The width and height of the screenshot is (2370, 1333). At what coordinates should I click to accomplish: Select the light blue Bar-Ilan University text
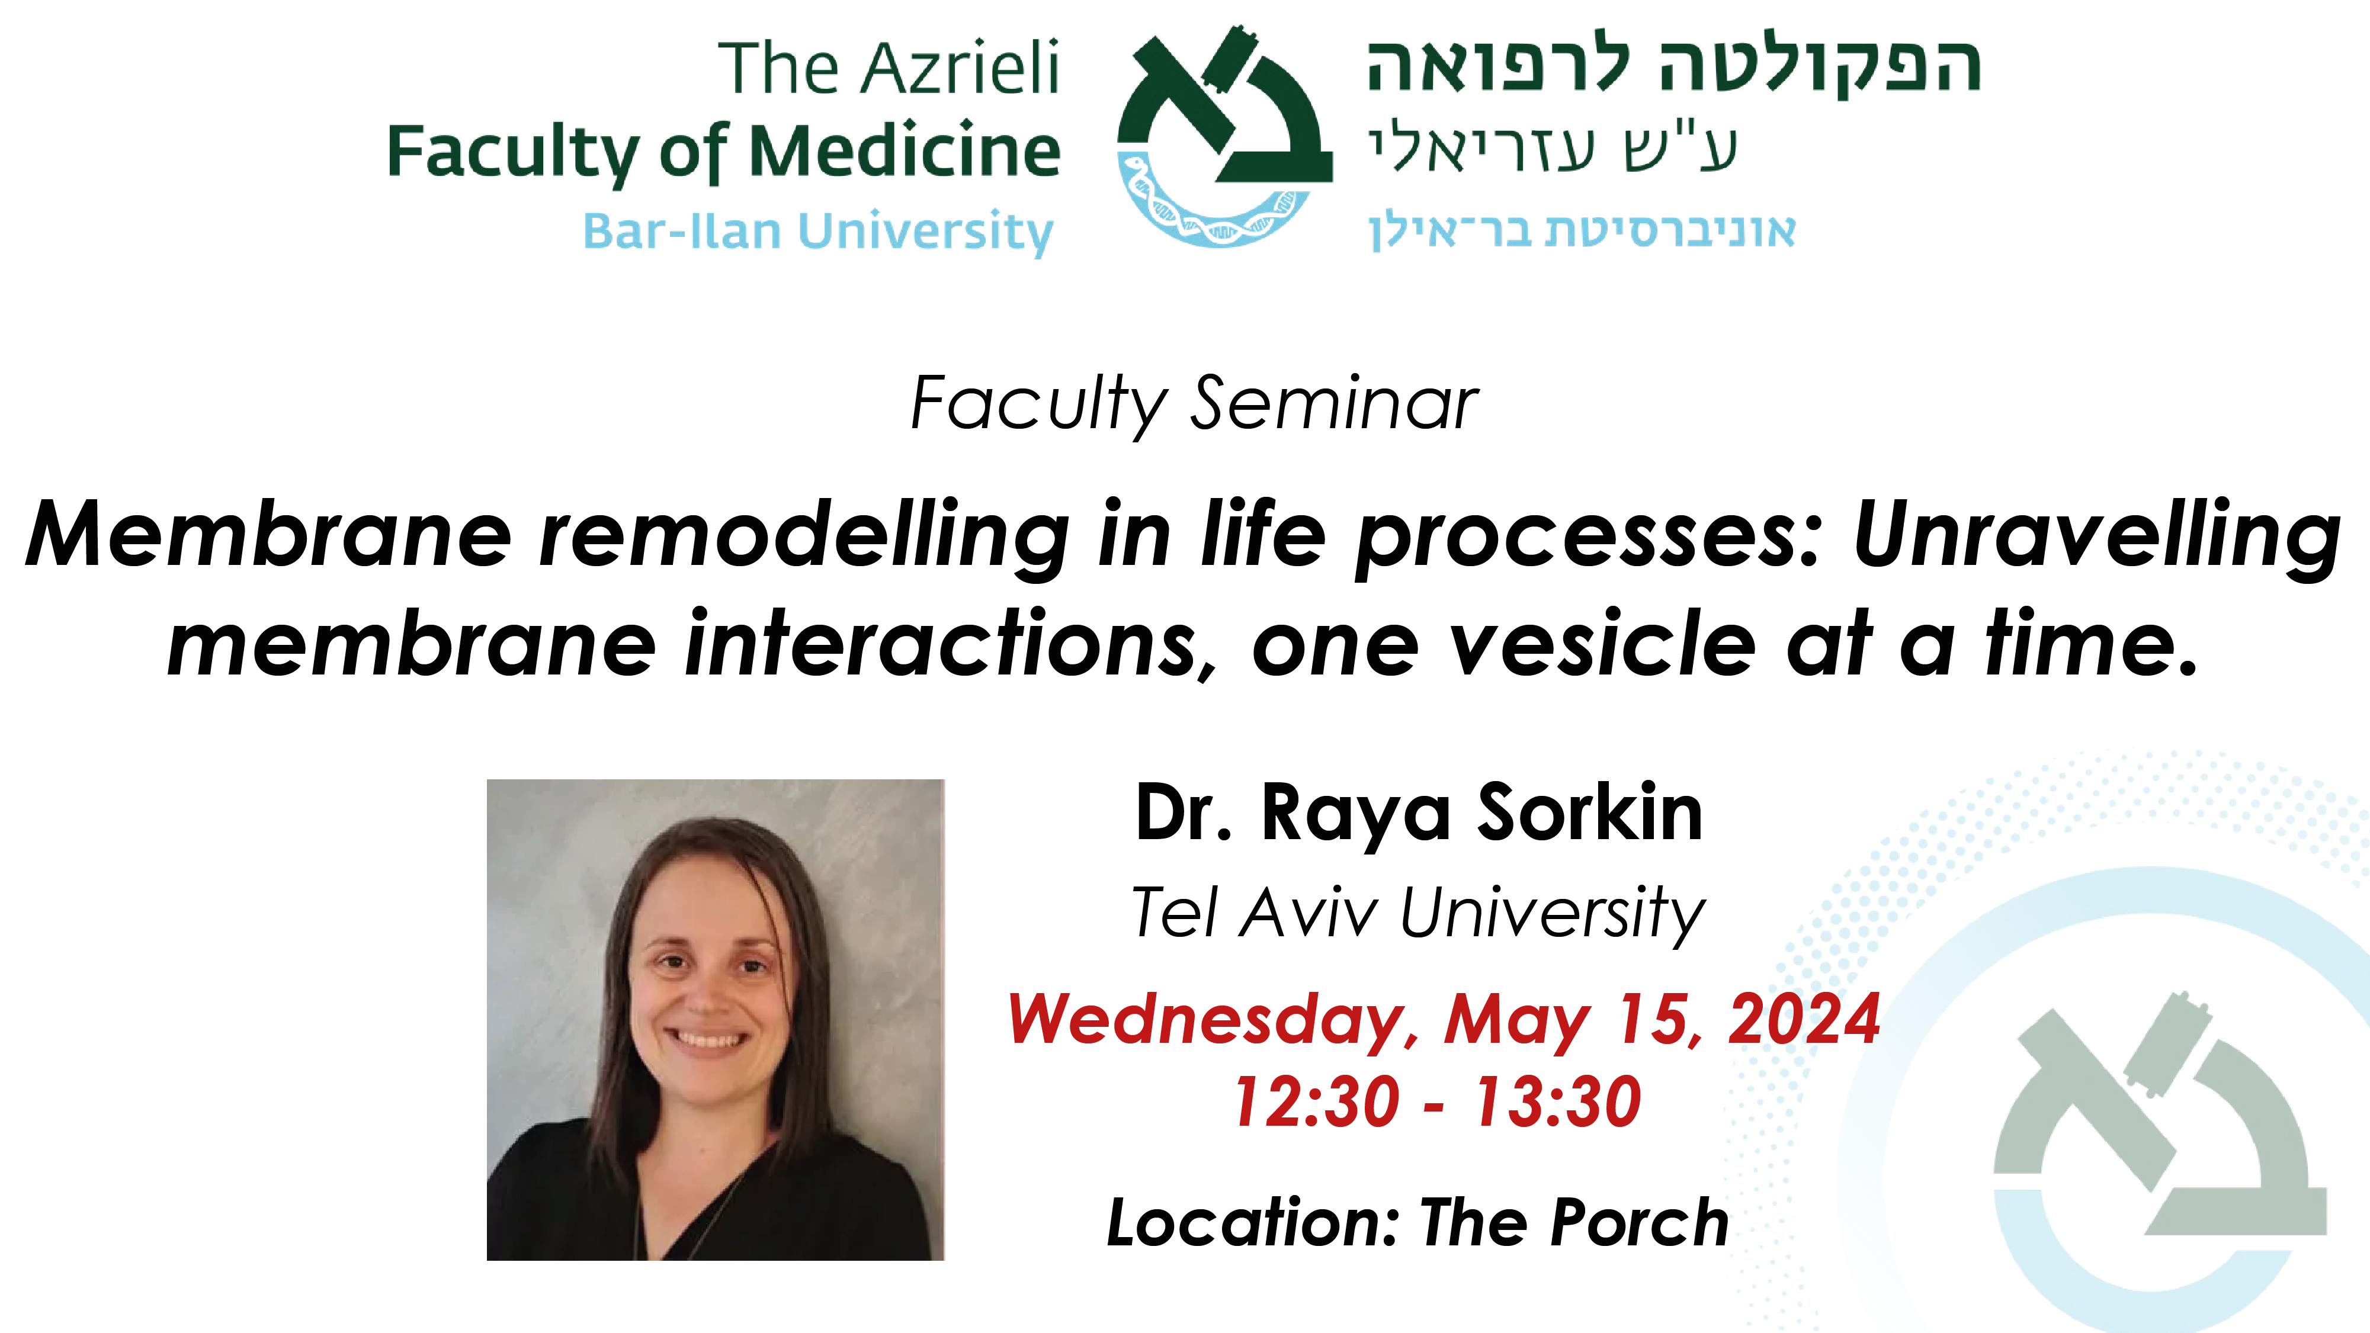818,231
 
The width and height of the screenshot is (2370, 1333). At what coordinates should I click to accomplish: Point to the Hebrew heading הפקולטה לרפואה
1673,67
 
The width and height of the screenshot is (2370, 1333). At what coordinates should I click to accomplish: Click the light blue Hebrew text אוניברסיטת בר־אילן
1582,231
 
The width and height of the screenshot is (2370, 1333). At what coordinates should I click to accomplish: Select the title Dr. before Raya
1183,812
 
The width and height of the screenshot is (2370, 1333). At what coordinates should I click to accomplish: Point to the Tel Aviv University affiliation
1417,914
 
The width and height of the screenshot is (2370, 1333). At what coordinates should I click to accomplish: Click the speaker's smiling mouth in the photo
707,1039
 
